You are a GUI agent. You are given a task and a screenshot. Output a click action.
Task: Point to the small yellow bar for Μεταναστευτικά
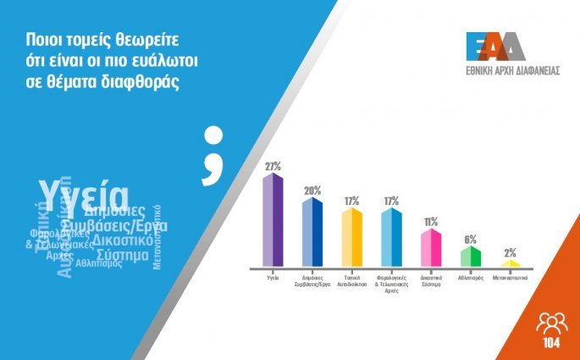(510, 263)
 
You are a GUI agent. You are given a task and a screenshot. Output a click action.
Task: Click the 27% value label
(273, 167)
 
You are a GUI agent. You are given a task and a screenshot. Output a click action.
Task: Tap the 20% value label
(312, 190)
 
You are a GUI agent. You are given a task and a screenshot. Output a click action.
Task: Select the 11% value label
(431, 222)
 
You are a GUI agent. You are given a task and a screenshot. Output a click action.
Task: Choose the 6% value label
(471, 239)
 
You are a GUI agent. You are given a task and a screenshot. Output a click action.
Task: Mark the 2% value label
(510, 252)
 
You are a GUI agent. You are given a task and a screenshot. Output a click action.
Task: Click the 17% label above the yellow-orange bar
(352, 201)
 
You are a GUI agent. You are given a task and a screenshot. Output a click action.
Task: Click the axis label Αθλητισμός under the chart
(471, 276)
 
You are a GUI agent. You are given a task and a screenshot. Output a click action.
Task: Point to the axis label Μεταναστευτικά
(510, 276)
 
